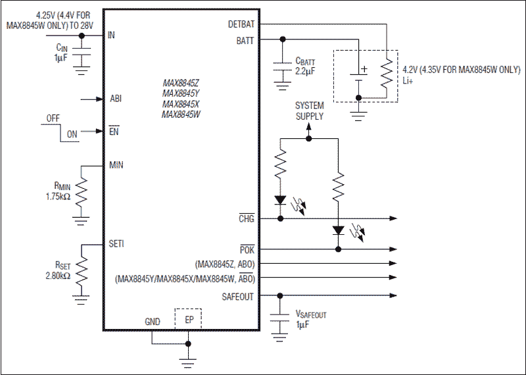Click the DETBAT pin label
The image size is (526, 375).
tap(241, 24)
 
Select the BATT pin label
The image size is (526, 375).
tap(245, 39)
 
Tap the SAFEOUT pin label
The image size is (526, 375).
tap(237, 296)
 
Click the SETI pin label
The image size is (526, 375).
tap(116, 244)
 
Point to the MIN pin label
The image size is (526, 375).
tap(116, 165)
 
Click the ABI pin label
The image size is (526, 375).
tap(116, 99)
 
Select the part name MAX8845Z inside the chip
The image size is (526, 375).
tap(181, 84)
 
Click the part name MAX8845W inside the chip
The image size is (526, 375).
tap(181, 114)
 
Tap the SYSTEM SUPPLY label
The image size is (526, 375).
tap(309, 111)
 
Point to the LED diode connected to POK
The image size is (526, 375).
tap(338, 230)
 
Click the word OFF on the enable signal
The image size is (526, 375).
tap(53, 119)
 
